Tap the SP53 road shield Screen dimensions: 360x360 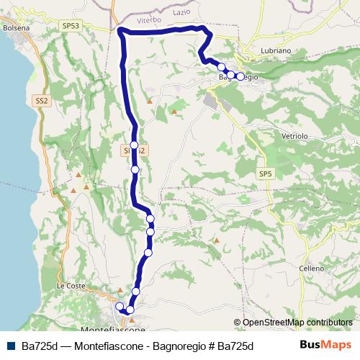(71, 24)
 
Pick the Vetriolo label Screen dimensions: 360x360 (292, 135)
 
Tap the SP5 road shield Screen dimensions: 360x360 (266, 174)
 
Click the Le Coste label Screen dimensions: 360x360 (71, 286)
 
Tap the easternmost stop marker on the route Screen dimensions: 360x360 (240, 75)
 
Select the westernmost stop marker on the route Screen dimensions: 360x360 (120, 307)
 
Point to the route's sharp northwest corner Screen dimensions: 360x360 (120, 30)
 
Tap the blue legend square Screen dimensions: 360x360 (10, 346)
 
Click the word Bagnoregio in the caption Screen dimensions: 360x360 (174, 346)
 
